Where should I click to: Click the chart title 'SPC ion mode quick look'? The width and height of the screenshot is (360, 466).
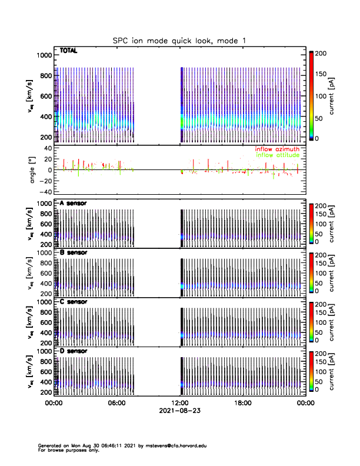[x=179, y=40]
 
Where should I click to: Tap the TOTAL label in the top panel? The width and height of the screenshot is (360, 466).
[x=69, y=51]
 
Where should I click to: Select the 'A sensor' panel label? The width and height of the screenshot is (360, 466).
[x=73, y=204]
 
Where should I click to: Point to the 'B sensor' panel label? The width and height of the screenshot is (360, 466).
[x=73, y=252]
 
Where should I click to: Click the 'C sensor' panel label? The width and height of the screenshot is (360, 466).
[x=73, y=302]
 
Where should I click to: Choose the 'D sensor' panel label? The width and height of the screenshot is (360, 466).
[x=73, y=351]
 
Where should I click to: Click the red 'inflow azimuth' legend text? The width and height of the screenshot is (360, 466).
[x=277, y=149]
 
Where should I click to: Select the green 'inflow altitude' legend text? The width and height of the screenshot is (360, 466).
[x=277, y=156]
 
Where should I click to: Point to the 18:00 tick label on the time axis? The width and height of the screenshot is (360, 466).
[x=242, y=403]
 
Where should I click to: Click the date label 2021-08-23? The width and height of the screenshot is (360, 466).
[x=179, y=411]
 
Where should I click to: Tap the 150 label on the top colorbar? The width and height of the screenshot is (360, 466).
[x=326, y=75]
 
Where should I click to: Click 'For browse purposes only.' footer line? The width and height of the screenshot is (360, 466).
[x=64, y=450]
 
